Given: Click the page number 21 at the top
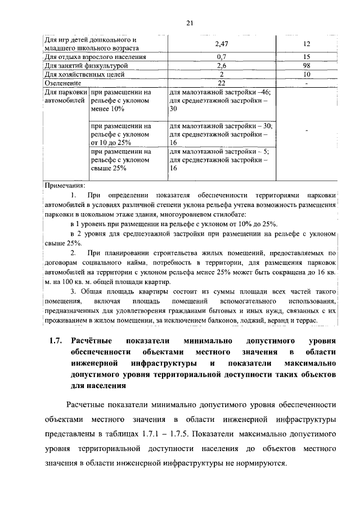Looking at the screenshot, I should [x=189, y=22].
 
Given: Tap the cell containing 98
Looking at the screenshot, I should [x=307, y=65].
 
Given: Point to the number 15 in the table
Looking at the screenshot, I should [x=307, y=57].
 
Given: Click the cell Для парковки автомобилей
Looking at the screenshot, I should [x=66, y=96].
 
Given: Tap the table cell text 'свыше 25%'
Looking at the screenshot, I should [x=109, y=168].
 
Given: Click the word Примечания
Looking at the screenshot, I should [x=65, y=184].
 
